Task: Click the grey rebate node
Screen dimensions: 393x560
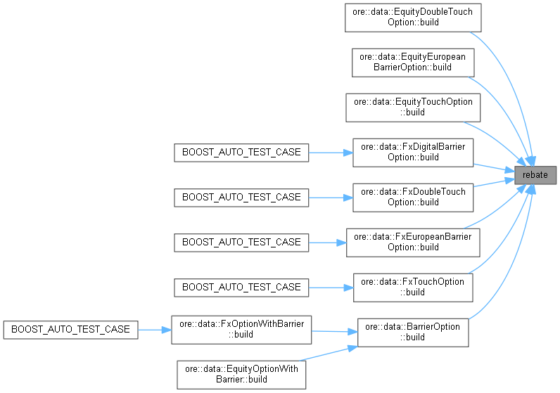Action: (535, 174)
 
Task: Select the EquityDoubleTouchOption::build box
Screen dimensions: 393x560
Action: (413, 17)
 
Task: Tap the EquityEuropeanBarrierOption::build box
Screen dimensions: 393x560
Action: (413, 62)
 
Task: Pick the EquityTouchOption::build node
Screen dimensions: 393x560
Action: (413, 107)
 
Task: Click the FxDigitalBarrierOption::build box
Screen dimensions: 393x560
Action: (413, 152)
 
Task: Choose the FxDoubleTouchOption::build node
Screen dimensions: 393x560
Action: (413, 197)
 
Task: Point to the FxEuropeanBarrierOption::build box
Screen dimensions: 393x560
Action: (413, 242)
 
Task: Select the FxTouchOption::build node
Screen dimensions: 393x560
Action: (413, 287)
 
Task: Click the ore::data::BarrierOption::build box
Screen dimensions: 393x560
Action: (413, 332)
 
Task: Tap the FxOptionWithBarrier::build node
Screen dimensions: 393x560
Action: (241, 329)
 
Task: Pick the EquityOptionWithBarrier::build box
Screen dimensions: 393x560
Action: (241, 374)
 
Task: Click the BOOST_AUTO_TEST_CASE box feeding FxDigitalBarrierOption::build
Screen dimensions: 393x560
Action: (241, 152)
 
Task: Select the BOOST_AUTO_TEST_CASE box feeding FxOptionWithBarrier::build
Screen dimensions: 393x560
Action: (70, 329)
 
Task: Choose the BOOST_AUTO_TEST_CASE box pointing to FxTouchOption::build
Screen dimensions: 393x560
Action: (241, 287)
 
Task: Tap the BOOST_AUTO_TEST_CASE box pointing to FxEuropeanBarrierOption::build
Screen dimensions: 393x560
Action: (241, 242)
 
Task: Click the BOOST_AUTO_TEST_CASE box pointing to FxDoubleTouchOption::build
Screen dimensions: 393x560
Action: (241, 197)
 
